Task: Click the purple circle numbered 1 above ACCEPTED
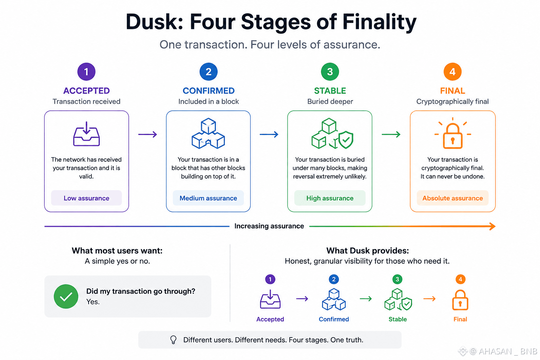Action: pos(86,72)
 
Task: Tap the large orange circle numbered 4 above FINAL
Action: pos(452,72)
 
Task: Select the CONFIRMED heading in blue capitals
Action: pos(208,91)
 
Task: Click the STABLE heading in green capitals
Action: pos(330,91)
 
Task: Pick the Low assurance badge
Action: pos(86,198)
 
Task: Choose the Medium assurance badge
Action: pos(208,198)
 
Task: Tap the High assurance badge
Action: pos(330,198)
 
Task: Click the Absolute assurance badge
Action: pos(452,198)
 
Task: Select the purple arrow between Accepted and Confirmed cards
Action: pos(148,134)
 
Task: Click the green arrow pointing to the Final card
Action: pos(391,134)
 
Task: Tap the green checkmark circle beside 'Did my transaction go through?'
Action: pos(66,296)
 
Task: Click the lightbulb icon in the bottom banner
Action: pos(173,340)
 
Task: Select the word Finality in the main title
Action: pos(379,22)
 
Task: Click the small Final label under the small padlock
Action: pos(460,319)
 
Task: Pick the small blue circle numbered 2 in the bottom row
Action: pos(334,279)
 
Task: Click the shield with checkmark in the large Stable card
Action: pos(346,140)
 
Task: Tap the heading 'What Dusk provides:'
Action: pos(368,251)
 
